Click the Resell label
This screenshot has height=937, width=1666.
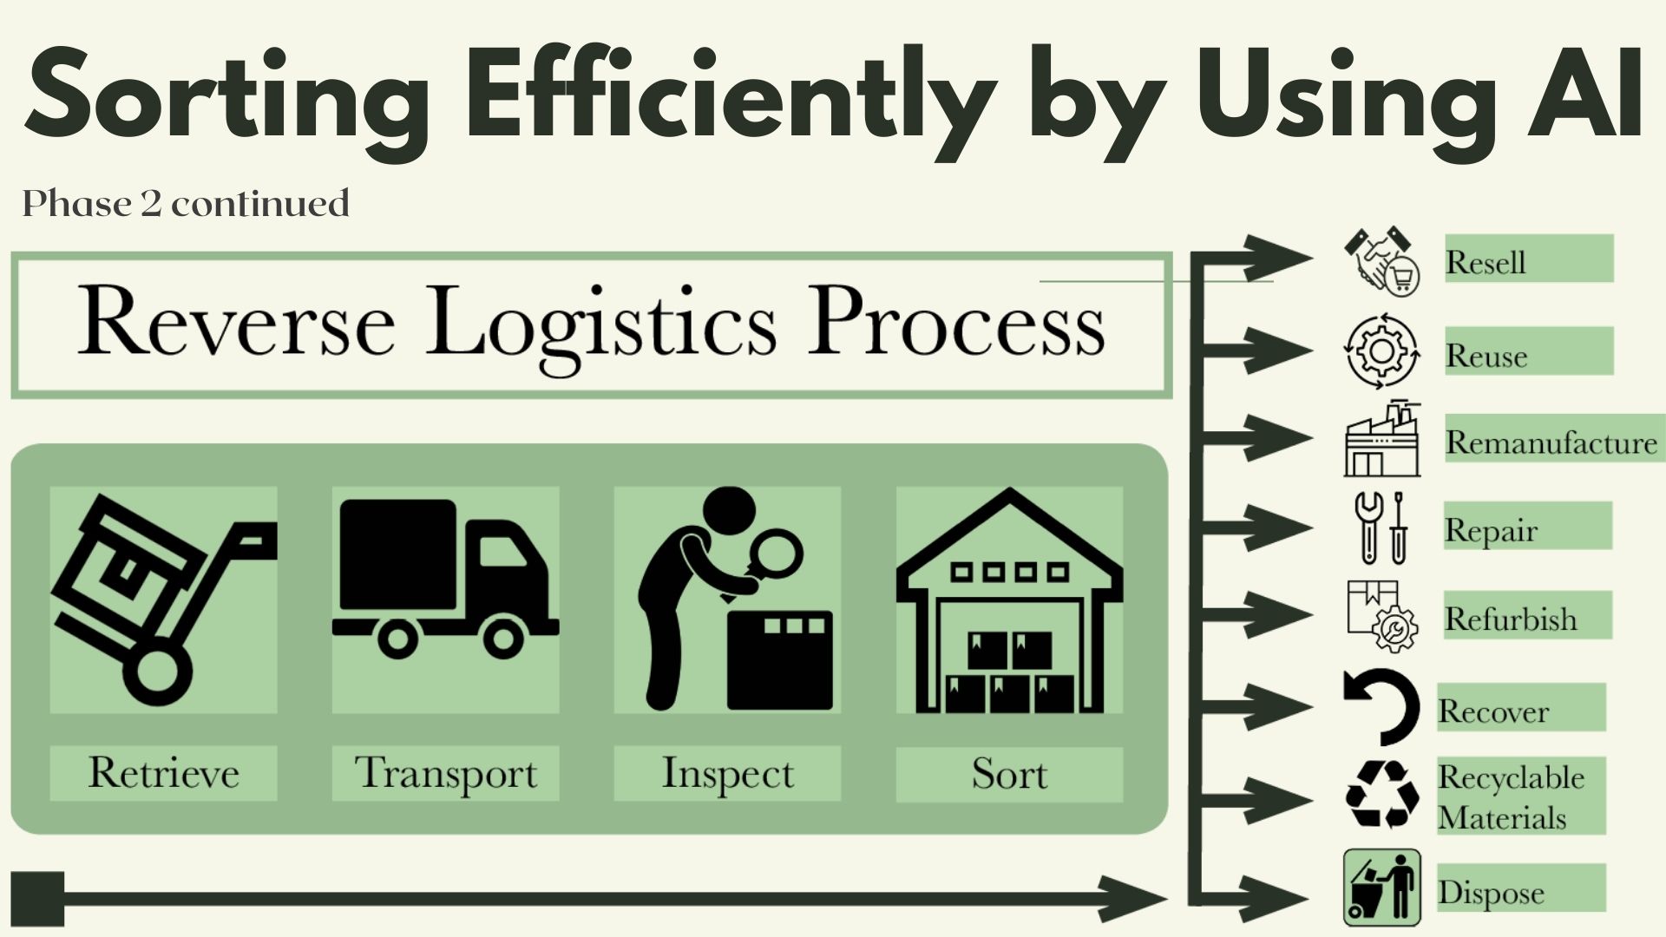coord(1486,262)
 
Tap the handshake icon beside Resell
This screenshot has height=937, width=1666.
coord(1381,261)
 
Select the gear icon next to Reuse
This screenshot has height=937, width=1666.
coord(1381,351)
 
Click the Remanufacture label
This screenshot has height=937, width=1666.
coord(1551,442)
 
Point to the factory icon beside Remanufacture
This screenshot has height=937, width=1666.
coord(1381,439)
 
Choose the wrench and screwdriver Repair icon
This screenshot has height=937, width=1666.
coord(1381,527)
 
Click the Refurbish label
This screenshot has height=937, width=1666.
coord(1511,619)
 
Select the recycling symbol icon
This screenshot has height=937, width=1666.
coord(1381,794)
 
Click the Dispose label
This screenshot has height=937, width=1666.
coord(1491,892)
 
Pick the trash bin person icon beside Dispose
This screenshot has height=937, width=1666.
coord(1381,888)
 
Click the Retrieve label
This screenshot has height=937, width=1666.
coord(163,772)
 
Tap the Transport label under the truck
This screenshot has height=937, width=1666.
coord(445,773)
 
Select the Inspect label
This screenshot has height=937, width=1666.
coord(727,773)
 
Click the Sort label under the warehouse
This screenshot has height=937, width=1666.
coord(1009,773)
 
